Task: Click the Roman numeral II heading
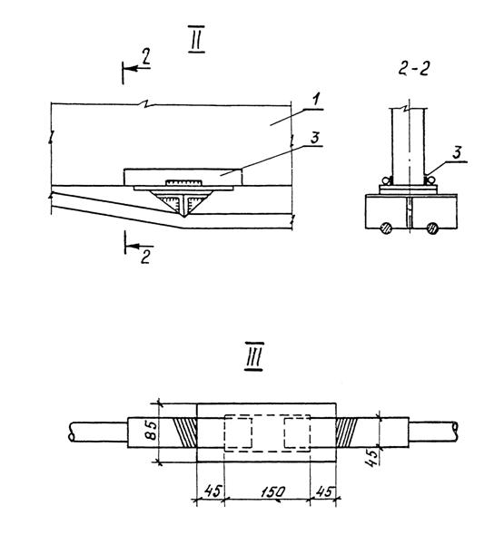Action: tap(196, 39)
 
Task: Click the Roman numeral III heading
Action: tap(254, 356)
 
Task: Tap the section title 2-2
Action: tap(413, 69)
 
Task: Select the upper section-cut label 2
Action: tap(146, 56)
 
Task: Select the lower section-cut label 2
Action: tap(146, 257)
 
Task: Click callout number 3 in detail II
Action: tap(314, 138)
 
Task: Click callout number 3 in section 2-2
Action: tap(457, 152)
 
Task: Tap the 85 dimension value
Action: tap(153, 430)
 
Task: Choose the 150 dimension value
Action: tap(272, 491)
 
